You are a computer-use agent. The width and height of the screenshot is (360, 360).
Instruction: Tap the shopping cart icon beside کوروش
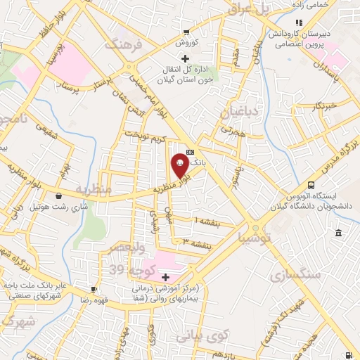[x=186, y=32]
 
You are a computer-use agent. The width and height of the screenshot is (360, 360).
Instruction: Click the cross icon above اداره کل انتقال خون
[x=185, y=58]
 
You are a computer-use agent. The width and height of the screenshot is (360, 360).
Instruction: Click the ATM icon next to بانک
[x=191, y=150]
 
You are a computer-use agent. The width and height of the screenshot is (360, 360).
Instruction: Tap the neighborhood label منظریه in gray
[x=94, y=190]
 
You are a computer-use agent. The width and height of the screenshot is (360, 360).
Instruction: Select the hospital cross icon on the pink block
[x=165, y=278]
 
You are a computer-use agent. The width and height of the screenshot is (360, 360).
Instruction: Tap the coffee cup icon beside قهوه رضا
[x=94, y=289]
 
